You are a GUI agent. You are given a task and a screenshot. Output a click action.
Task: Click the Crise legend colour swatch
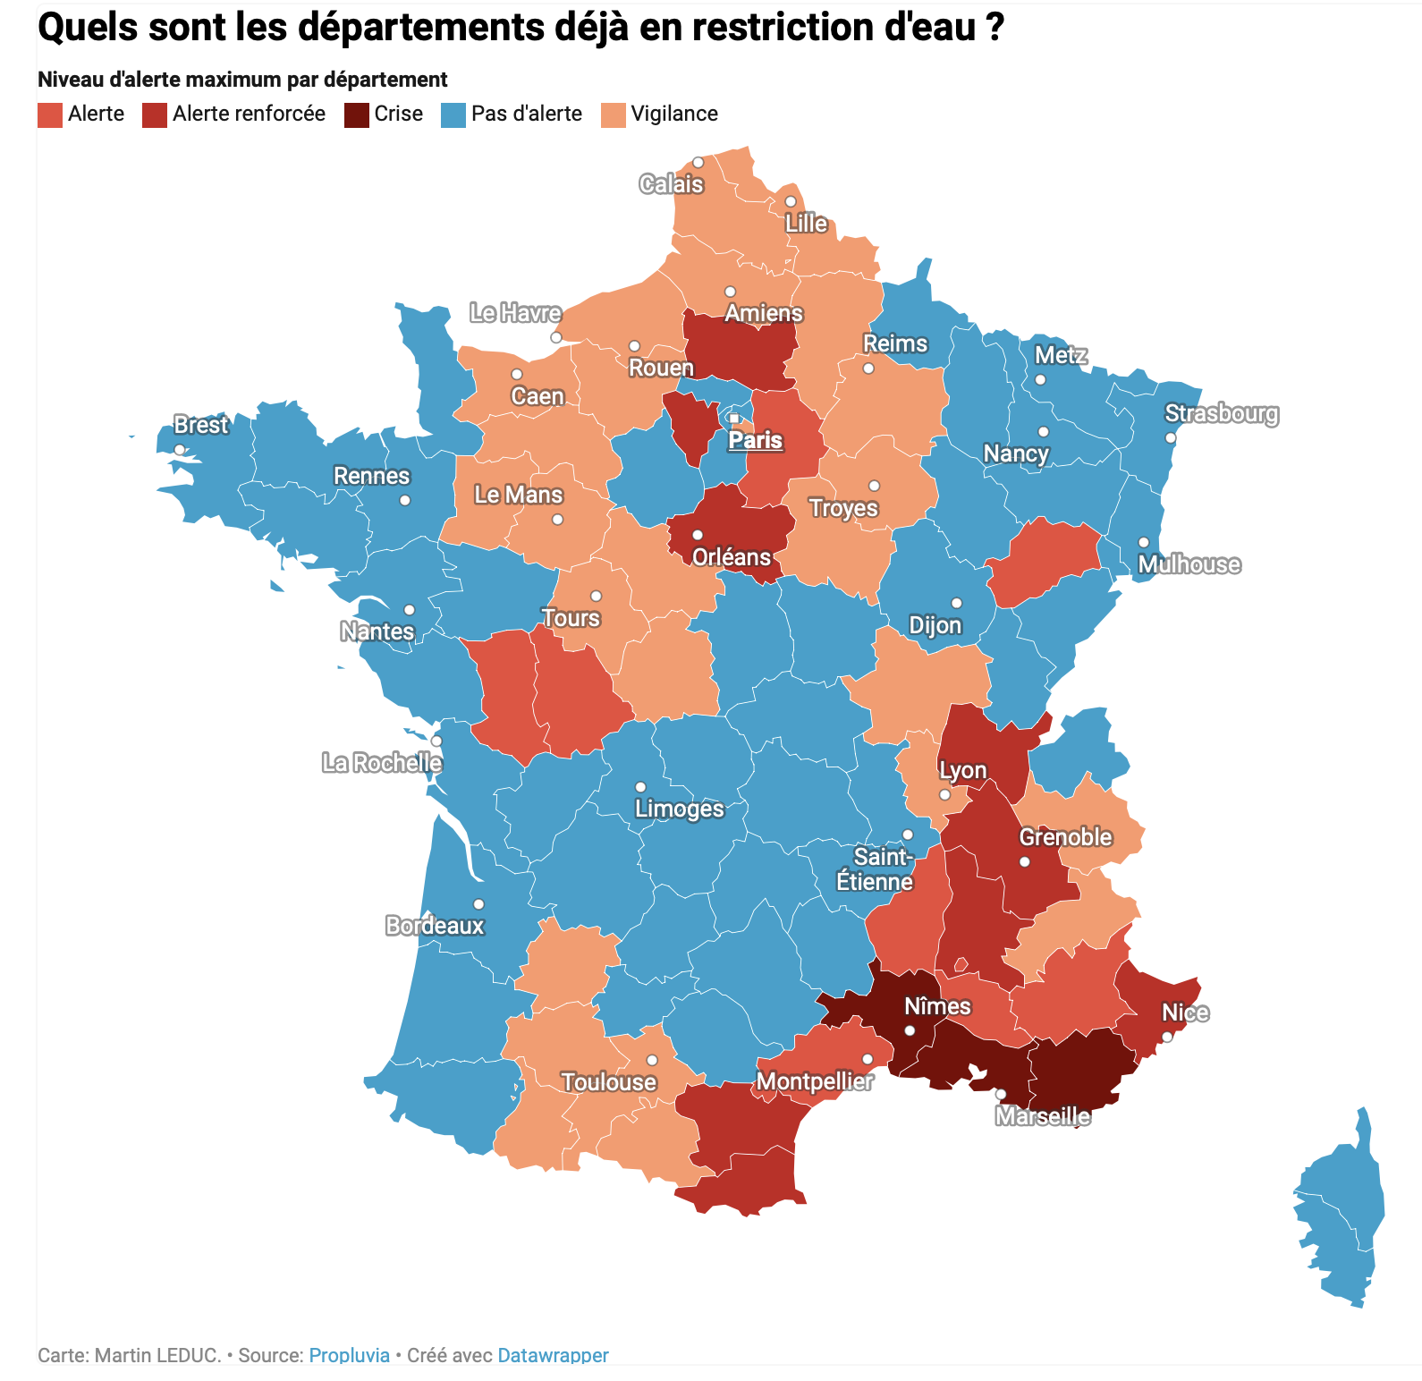pos(356,115)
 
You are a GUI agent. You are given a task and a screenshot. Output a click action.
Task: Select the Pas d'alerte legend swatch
pos(453,115)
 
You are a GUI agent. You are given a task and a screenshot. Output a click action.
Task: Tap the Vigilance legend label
pos(674,114)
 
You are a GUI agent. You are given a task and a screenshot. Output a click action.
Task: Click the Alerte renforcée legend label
pos(249,114)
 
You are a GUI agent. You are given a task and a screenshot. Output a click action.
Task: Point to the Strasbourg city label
pos(1221,413)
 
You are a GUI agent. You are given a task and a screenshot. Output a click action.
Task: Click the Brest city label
pos(200,425)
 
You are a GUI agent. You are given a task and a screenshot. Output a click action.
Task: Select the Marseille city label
pos(1043,1116)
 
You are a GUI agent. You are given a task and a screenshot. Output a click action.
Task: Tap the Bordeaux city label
pos(435,925)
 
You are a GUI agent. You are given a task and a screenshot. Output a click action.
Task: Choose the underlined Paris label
pos(756,440)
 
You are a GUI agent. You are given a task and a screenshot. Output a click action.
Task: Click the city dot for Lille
pos(791,201)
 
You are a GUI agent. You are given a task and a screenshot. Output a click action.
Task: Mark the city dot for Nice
pos(1167,1037)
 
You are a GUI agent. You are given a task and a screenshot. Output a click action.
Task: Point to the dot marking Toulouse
pos(652,1060)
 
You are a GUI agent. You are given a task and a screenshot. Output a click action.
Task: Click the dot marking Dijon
pos(956,603)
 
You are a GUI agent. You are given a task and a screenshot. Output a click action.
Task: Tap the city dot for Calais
pos(698,163)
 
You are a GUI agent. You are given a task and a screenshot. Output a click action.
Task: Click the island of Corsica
pos(1342,1207)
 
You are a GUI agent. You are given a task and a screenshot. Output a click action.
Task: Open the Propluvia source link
pos(349,1355)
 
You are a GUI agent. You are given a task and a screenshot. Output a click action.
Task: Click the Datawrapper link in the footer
pos(553,1355)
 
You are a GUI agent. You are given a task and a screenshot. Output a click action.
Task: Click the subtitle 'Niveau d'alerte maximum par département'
pos(242,80)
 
